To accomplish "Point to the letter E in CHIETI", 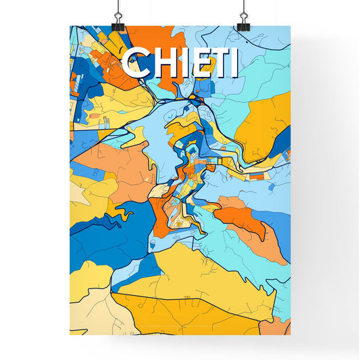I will click(194, 63).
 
